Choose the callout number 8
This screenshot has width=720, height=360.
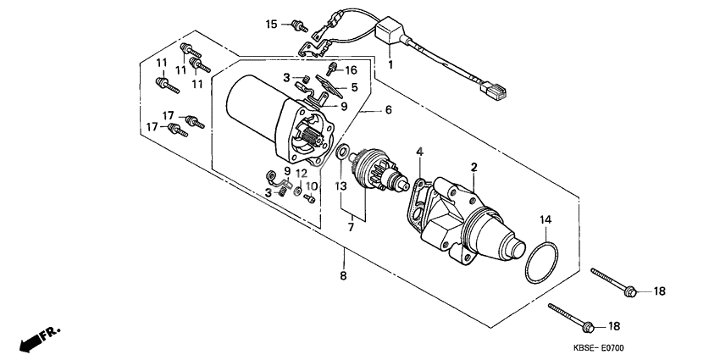coord(344,275)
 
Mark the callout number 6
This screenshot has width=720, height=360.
coord(389,110)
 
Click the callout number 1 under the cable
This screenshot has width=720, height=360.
coord(390,64)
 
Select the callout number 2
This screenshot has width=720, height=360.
coord(475,167)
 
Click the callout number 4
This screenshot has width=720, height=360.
coord(418,152)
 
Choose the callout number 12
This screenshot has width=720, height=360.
coord(302,174)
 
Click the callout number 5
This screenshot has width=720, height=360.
coord(355,86)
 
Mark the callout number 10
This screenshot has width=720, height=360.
coord(312,186)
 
